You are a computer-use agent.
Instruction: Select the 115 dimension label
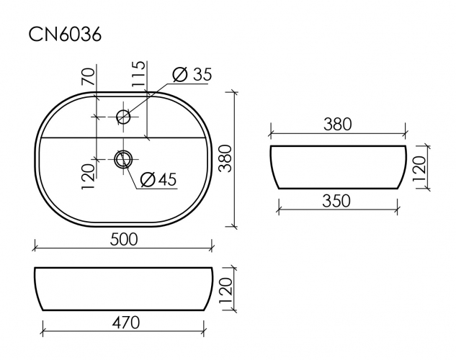(x=138, y=75)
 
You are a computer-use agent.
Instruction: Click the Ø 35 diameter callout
(x=192, y=74)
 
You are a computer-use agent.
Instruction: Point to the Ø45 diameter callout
(x=158, y=179)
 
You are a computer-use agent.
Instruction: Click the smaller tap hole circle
(x=123, y=116)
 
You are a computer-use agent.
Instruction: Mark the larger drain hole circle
(x=124, y=158)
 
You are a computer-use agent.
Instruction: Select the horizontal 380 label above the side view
(x=337, y=124)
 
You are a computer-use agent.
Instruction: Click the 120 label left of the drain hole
(x=89, y=175)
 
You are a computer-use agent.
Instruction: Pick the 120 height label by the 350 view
(x=420, y=167)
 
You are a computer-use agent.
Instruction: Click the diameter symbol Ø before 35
(x=180, y=74)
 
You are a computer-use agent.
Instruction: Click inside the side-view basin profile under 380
(x=337, y=167)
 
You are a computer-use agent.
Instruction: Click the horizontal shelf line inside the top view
(x=72, y=138)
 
